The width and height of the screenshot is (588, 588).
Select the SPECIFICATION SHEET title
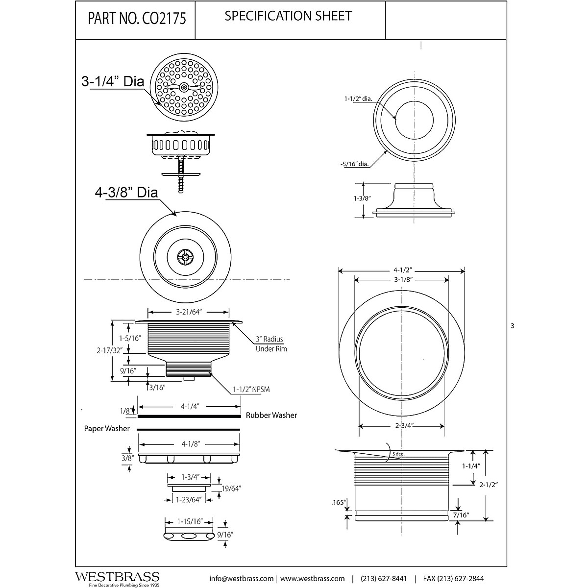pyautogui.click(x=288, y=16)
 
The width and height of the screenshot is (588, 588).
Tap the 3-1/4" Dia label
pyautogui.click(x=113, y=81)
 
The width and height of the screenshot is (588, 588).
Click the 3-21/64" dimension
pyautogui.click(x=189, y=312)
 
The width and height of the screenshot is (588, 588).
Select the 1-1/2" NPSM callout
pyautogui.click(x=252, y=390)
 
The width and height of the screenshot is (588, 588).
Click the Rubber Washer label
pyautogui.click(x=271, y=415)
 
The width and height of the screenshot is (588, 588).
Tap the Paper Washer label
pyautogui.click(x=107, y=429)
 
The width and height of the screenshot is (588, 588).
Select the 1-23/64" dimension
pyautogui.click(x=189, y=500)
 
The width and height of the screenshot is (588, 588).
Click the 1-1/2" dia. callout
pyautogui.click(x=358, y=98)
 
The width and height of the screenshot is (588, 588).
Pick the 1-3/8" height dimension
pyautogui.click(x=351, y=198)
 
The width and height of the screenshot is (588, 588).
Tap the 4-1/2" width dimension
pyautogui.click(x=402, y=269)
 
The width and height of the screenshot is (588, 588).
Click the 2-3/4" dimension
pyautogui.click(x=402, y=425)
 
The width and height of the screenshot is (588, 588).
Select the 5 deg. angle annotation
pyautogui.click(x=398, y=454)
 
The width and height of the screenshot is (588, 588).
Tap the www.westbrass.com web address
pyautogui.click(x=313, y=578)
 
